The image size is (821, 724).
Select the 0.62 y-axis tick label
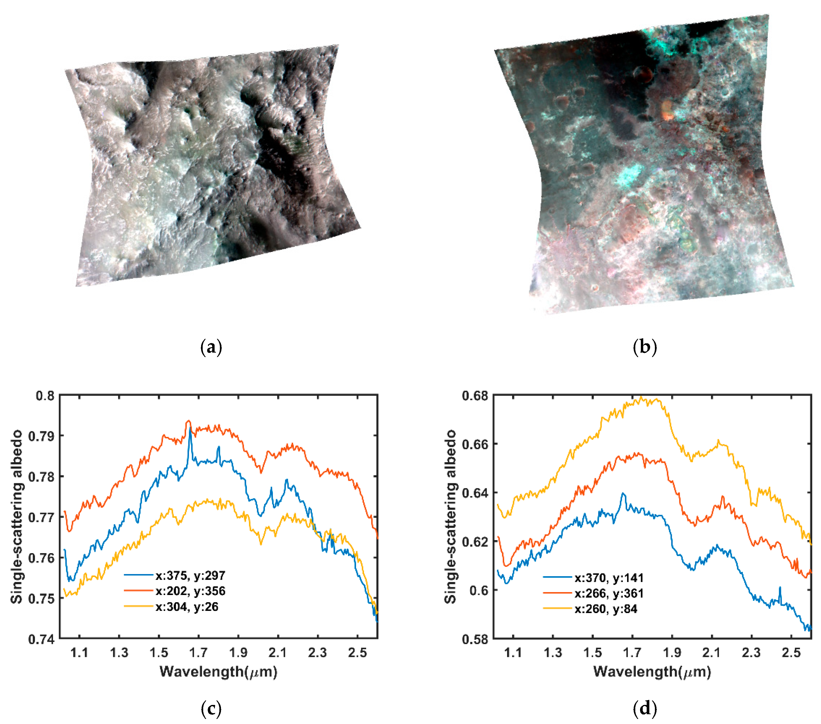pos(475,541)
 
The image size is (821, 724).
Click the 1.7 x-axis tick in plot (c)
pos(199,652)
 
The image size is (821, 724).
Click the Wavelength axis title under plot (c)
pos(219,671)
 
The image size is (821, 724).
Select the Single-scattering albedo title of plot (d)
pos(451,517)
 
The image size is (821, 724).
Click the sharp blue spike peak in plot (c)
pos(190,428)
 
